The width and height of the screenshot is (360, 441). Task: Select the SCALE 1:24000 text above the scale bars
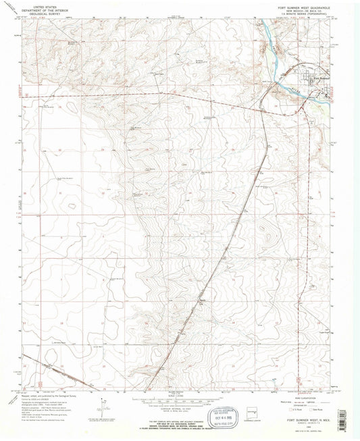(180, 392)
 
